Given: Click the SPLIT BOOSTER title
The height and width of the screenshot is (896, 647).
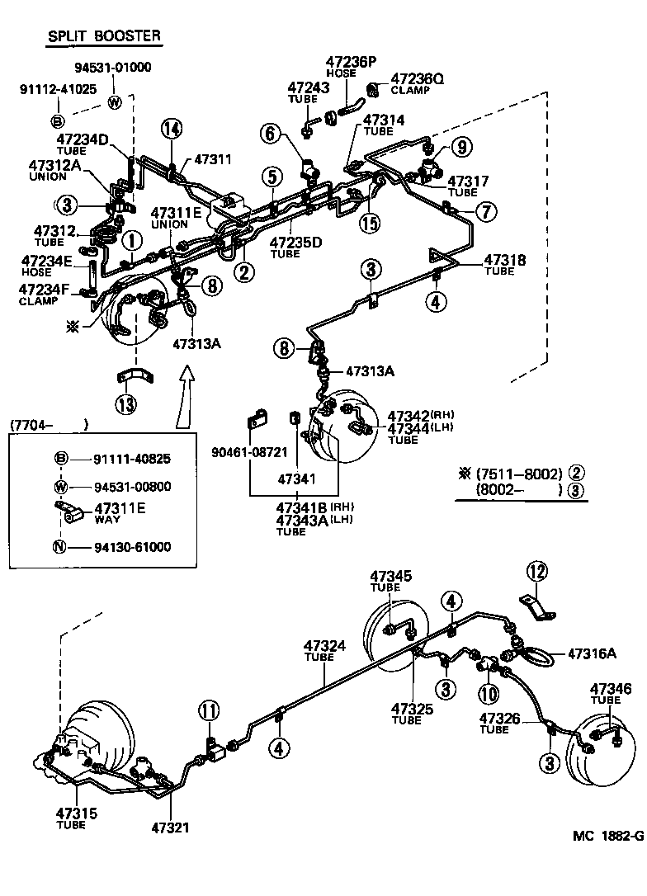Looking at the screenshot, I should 103,36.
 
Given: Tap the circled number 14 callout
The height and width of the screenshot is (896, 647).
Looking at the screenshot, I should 171,128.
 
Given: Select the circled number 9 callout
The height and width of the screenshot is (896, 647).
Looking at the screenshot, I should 461,147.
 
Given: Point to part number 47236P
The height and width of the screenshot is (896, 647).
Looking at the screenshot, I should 350,61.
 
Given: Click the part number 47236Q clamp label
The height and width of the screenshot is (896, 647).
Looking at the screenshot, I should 417,78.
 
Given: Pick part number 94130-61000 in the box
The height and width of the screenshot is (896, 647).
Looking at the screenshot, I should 133,546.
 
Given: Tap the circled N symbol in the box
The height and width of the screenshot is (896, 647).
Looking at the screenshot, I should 60,546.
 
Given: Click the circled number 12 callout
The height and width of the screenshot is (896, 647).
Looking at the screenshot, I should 537,570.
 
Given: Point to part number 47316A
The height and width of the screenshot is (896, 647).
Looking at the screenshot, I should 592,653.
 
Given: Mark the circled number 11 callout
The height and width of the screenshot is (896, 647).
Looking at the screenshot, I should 209,710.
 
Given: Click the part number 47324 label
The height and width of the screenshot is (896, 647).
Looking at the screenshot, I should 324,646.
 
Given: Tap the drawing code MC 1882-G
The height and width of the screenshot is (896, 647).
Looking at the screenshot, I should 607,835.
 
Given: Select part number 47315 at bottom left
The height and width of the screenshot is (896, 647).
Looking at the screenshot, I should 76,813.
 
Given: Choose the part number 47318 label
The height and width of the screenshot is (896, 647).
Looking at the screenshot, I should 505,260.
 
